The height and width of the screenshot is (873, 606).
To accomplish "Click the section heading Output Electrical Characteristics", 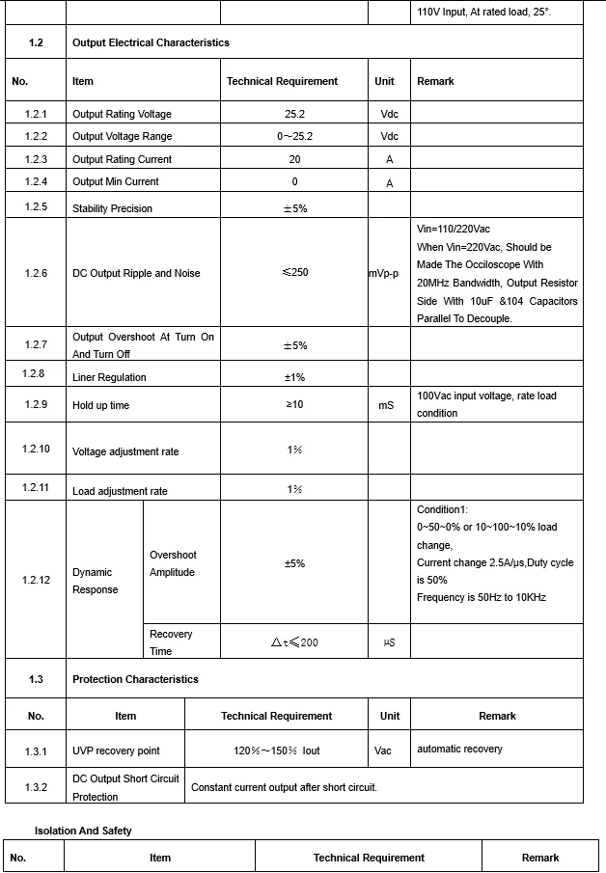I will point(151,42).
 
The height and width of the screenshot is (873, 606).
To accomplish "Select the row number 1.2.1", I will point(36,115).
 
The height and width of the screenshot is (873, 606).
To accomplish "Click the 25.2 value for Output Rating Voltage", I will point(294,114).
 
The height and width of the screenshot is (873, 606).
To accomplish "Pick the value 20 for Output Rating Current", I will point(294,159).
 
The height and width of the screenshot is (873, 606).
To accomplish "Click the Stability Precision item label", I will point(112,208).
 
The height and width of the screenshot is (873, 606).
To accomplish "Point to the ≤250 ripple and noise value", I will point(294,273).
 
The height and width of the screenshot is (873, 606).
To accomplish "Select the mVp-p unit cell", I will point(390,274).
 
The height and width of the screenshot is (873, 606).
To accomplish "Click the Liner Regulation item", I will point(109,377).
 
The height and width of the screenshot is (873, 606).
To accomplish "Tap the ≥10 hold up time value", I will point(294,405).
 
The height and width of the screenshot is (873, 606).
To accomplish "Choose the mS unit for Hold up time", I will point(386,406).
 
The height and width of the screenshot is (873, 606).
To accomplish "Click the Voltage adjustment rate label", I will point(125,452).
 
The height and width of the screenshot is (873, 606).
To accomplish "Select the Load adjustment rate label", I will point(120,491).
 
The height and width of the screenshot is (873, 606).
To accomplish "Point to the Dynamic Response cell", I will point(95,581).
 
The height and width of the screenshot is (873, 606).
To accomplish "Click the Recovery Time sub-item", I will point(171,642).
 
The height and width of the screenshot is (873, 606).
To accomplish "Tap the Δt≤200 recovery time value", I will point(294,642).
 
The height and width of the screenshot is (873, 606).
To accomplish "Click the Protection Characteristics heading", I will point(135,679).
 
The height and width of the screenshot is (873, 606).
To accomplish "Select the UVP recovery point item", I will point(116,750).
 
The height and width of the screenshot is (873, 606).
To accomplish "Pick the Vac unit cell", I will point(383,750).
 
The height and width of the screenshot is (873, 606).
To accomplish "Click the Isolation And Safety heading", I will point(83,831).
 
